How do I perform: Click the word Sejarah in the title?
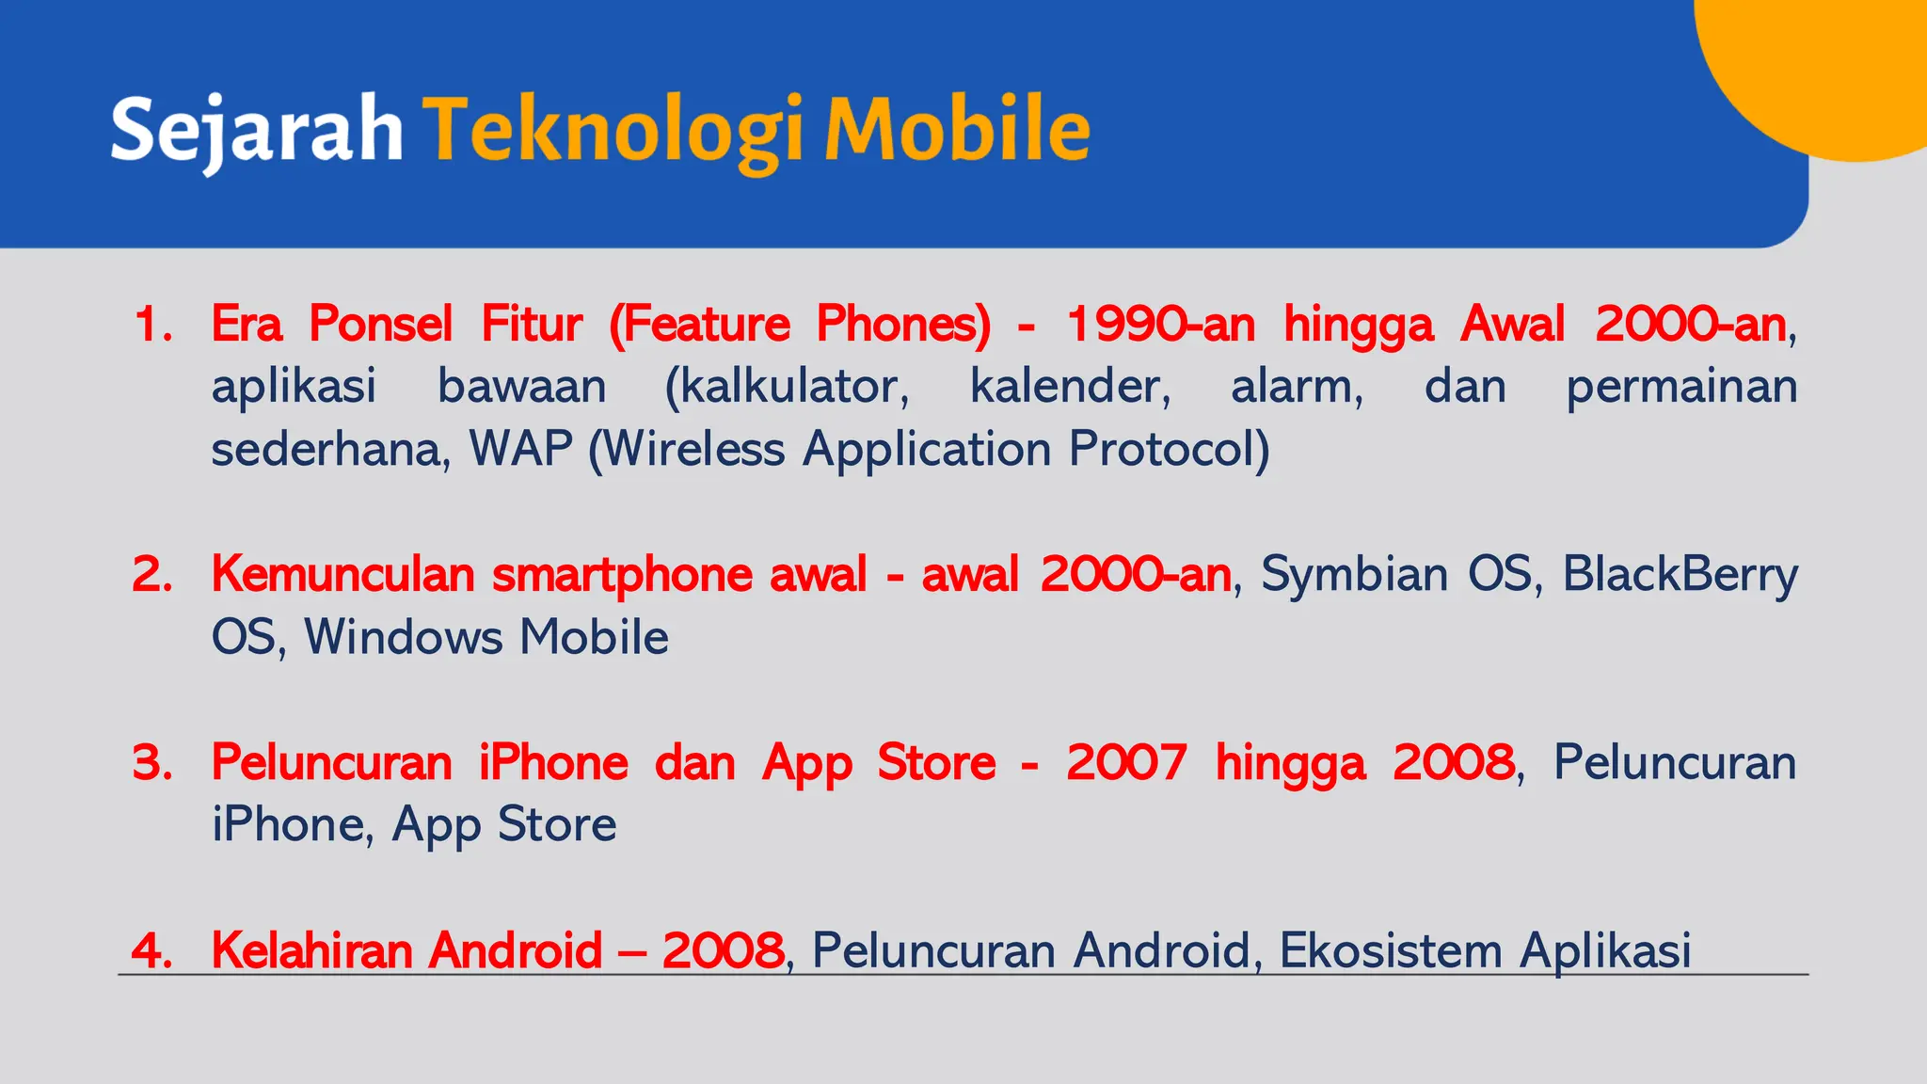(256, 130)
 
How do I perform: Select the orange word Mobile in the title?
(957, 130)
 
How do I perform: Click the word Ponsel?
(380, 325)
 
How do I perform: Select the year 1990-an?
(1161, 325)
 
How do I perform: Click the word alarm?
(1297, 387)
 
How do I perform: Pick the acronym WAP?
(521, 449)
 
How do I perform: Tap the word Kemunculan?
(342, 575)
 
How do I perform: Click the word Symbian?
(1354, 575)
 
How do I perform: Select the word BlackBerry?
(1680, 575)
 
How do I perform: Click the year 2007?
(1125, 762)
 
